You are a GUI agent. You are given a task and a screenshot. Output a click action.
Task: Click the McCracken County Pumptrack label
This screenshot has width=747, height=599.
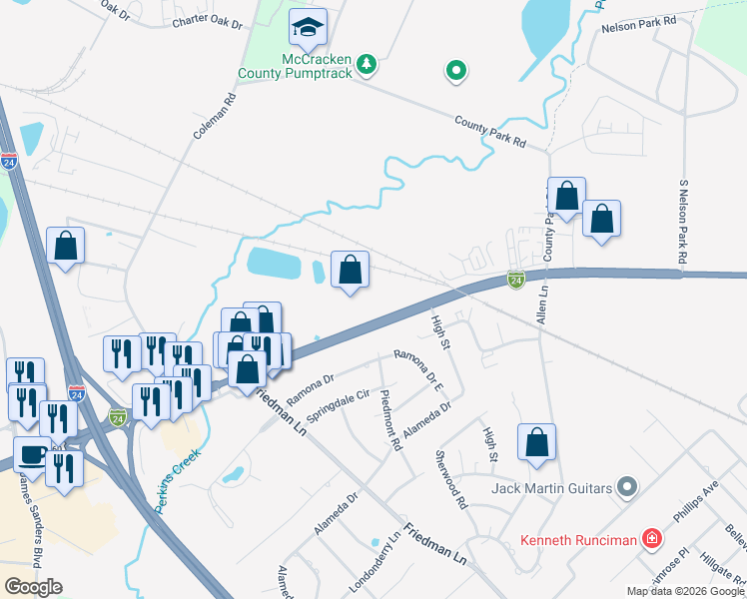pos(297,66)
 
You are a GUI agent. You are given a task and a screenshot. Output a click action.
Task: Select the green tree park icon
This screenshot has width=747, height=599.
pos(368,65)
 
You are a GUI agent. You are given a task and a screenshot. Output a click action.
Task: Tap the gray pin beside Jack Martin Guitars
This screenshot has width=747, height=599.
pos(627,487)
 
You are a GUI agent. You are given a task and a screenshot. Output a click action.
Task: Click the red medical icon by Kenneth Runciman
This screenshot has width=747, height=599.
pos(651,540)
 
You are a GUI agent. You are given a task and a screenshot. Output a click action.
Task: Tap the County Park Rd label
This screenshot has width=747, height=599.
pos(489,131)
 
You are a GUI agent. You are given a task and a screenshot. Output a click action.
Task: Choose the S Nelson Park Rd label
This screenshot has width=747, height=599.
pos(683,222)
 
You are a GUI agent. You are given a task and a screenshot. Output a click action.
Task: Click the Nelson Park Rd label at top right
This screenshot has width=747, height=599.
pos(639,22)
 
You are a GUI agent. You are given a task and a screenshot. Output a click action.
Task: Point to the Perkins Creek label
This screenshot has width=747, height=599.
pos(178,480)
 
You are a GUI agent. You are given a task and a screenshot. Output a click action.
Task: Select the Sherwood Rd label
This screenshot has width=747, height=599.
pos(450,479)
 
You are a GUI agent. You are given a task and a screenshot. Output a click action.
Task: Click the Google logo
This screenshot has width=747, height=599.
pos(33,587)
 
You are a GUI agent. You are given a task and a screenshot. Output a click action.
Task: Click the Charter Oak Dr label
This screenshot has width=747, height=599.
pos(208,21)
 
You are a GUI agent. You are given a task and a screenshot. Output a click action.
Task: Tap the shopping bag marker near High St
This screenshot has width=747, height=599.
pos(536,442)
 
